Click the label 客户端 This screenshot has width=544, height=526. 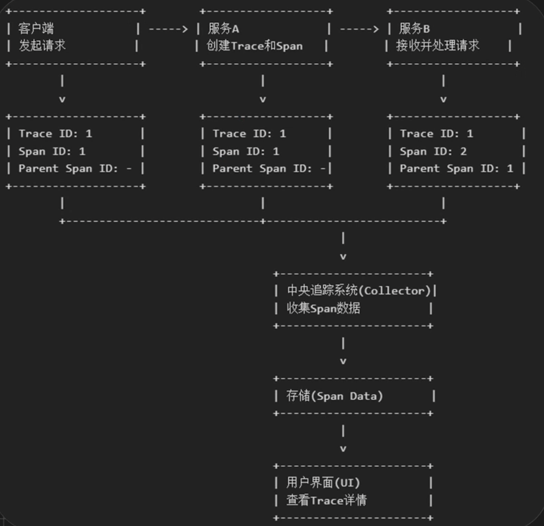pos(36,29)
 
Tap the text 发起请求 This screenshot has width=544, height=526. pos(42,46)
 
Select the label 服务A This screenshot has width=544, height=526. pos(223,29)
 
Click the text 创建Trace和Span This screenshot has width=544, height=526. pos(254,46)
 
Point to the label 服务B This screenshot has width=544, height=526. pos(414,29)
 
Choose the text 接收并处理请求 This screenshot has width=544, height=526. pos(438,46)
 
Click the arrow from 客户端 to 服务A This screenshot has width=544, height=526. pos(168,29)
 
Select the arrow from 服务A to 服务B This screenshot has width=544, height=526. pos(359,29)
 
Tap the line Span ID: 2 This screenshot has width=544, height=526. pos(433,151)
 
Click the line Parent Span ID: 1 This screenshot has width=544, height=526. pos(456,169)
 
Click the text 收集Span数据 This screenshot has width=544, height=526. pos(323,309)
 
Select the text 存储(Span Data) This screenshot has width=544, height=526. pos(335,396)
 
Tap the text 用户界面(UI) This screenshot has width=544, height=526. pos(323,482)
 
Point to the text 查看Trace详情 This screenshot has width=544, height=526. pos(326,500)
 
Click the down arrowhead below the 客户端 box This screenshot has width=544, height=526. pos(63,99)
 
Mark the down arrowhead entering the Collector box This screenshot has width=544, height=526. pos(343,256)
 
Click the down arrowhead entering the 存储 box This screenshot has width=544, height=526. pos(343,361)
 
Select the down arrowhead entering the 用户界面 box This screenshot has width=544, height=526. pos(343,449)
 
